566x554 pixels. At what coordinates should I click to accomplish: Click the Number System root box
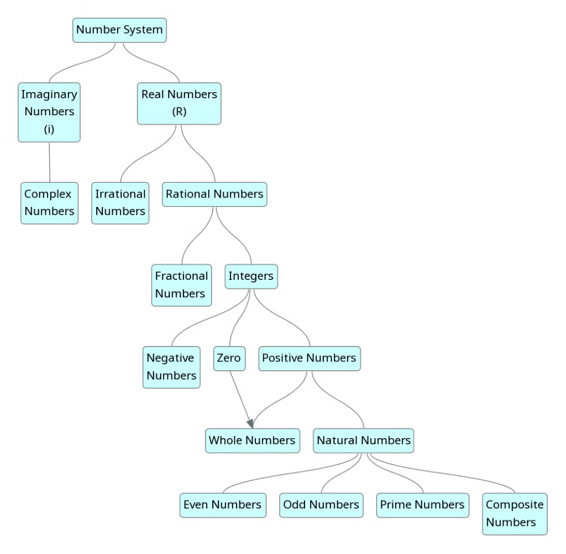(x=119, y=30)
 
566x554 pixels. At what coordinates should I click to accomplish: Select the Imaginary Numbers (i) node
(x=49, y=112)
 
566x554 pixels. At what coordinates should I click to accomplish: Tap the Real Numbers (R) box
(x=179, y=103)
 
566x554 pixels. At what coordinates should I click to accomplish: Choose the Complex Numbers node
(x=49, y=203)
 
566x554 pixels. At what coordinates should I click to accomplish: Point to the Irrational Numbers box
(x=120, y=203)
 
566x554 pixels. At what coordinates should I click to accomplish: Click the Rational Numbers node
(x=215, y=194)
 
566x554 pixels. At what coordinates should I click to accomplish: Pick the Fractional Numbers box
(x=181, y=285)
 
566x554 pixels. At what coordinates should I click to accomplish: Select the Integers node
(x=251, y=276)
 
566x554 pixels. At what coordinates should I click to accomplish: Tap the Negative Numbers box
(x=171, y=367)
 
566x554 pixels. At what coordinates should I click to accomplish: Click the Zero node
(x=229, y=358)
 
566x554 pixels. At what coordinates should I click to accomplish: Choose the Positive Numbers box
(x=309, y=358)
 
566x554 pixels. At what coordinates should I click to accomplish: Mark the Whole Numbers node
(x=252, y=440)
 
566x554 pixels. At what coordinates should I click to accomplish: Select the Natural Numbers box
(x=363, y=440)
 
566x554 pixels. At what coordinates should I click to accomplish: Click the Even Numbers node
(x=222, y=505)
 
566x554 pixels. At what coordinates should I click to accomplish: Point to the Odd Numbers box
(x=321, y=505)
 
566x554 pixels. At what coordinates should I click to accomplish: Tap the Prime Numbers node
(x=422, y=505)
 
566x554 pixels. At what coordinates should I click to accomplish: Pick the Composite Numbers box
(x=514, y=513)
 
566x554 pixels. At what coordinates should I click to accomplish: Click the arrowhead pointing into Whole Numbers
(x=250, y=423)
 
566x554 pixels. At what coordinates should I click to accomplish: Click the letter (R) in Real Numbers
(x=179, y=112)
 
